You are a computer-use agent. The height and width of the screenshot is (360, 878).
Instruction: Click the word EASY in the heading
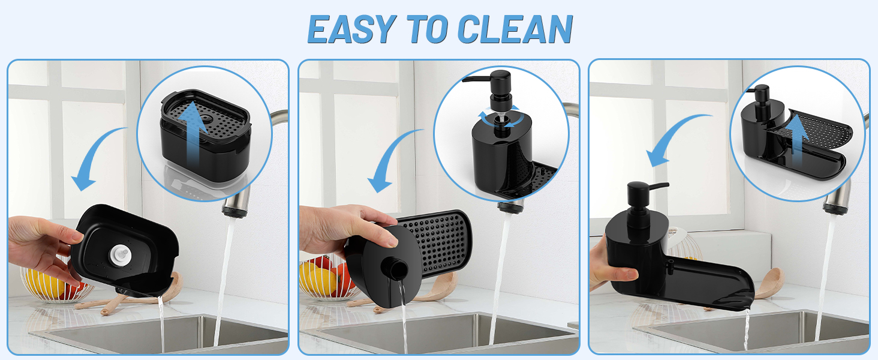pos(351,28)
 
